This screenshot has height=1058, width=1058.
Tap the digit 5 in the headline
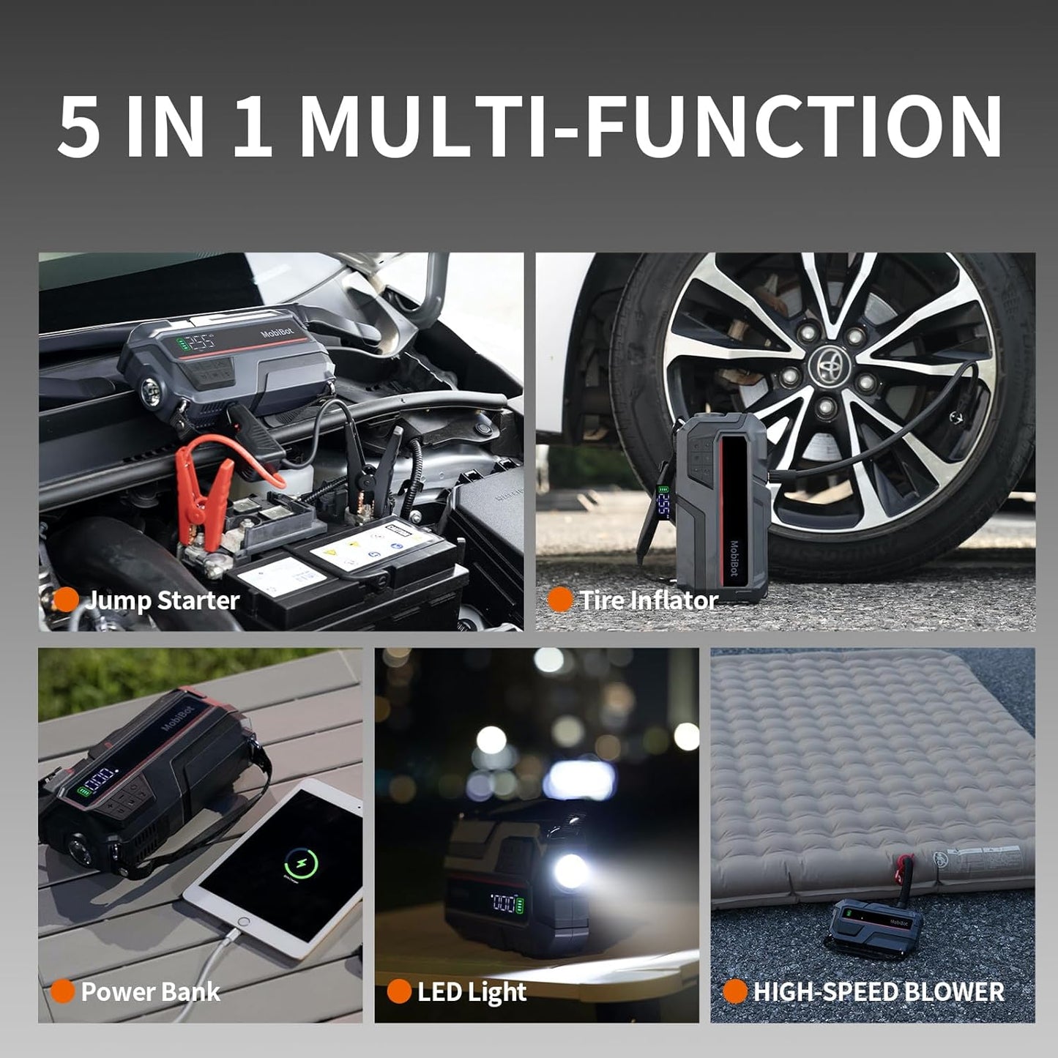80,127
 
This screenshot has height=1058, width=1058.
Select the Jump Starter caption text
163,600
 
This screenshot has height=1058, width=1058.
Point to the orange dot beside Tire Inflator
560,600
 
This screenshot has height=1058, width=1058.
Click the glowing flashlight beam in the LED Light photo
571,871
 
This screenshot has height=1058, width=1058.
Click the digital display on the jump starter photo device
198,343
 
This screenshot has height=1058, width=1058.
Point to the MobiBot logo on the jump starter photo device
277,332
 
